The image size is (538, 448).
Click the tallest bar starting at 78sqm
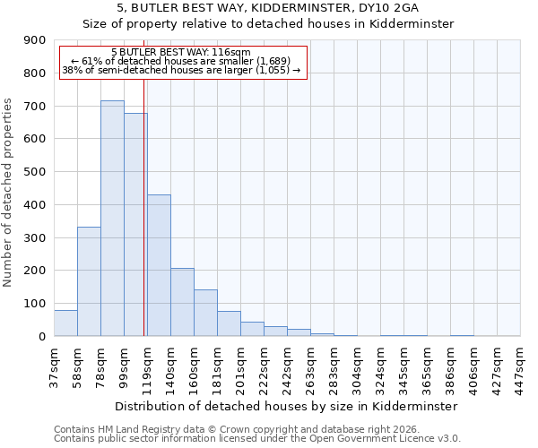pyautogui.click(x=112, y=219)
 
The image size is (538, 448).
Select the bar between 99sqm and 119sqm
pyautogui.click(x=135, y=225)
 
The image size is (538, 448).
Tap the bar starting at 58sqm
pyautogui.click(x=89, y=281)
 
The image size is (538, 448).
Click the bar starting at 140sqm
pyautogui.click(x=182, y=302)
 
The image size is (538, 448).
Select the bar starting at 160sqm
pyautogui.click(x=205, y=313)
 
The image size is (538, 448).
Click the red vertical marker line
pyautogui.click(x=143, y=206)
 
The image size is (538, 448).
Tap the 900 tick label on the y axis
pyautogui.click(x=35, y=40)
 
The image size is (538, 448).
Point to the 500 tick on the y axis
pyautogui.click(x=35, y=172)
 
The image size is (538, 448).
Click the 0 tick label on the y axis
pyautogui.click(x=41, y=336)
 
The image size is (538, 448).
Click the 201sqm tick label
pyautogui.click(x=241, y=366)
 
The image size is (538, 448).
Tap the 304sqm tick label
pyautogui.click(x=358, y=366)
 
